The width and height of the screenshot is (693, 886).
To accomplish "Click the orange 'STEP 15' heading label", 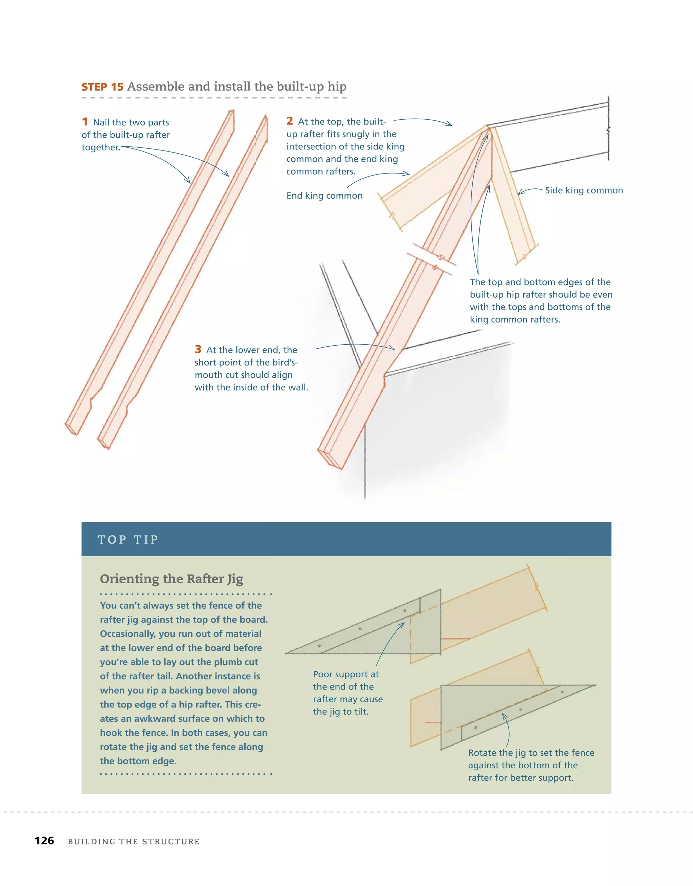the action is [102, 87].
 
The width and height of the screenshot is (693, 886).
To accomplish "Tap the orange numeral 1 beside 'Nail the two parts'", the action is [85, 121].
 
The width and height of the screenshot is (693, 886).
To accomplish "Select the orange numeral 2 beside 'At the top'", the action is [289, 120].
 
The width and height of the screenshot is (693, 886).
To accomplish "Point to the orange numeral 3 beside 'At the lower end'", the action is [198, 349].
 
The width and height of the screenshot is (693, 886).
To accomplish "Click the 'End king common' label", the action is [325, 195].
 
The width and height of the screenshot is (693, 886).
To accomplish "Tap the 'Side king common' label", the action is [584, 190].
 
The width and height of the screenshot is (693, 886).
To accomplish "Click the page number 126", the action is [44, 841].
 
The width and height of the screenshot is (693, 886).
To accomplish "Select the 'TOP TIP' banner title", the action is [128, 540].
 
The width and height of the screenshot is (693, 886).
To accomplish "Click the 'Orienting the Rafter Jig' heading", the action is [171, 579].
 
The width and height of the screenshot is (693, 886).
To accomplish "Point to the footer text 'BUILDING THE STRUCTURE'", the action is [134, 841].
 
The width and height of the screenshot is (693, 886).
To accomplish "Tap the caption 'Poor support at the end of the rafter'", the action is [348, 693].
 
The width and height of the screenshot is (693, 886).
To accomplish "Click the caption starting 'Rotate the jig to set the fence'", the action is [531, 765].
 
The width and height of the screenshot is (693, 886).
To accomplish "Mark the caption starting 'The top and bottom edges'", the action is [541, 301].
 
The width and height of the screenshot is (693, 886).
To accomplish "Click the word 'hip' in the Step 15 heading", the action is [337, 87].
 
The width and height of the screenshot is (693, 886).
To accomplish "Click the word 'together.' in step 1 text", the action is [101, 147].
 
